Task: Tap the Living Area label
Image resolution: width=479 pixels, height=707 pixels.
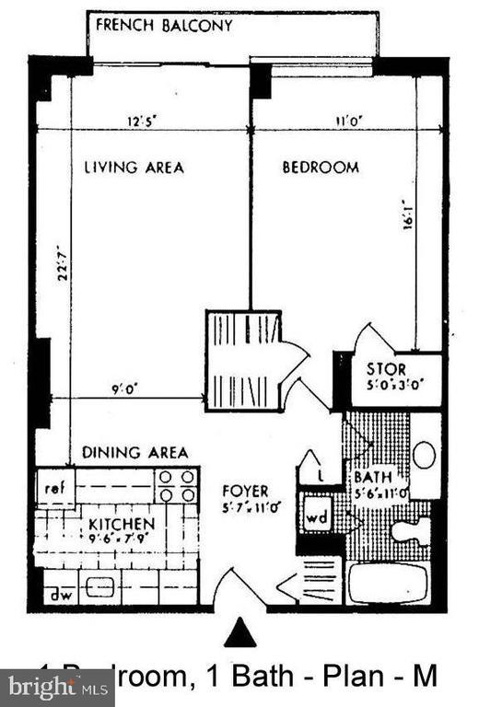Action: coord(134,168)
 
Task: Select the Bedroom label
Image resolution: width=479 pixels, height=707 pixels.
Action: coord(320,168)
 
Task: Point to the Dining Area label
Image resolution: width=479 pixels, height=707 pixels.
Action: coord(134,452)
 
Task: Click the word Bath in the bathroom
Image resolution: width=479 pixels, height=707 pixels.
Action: coord(373,477)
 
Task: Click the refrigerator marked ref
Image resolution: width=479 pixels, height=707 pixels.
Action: coord(54,485)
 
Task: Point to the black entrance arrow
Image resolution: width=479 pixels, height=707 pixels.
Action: coord(239,632)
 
